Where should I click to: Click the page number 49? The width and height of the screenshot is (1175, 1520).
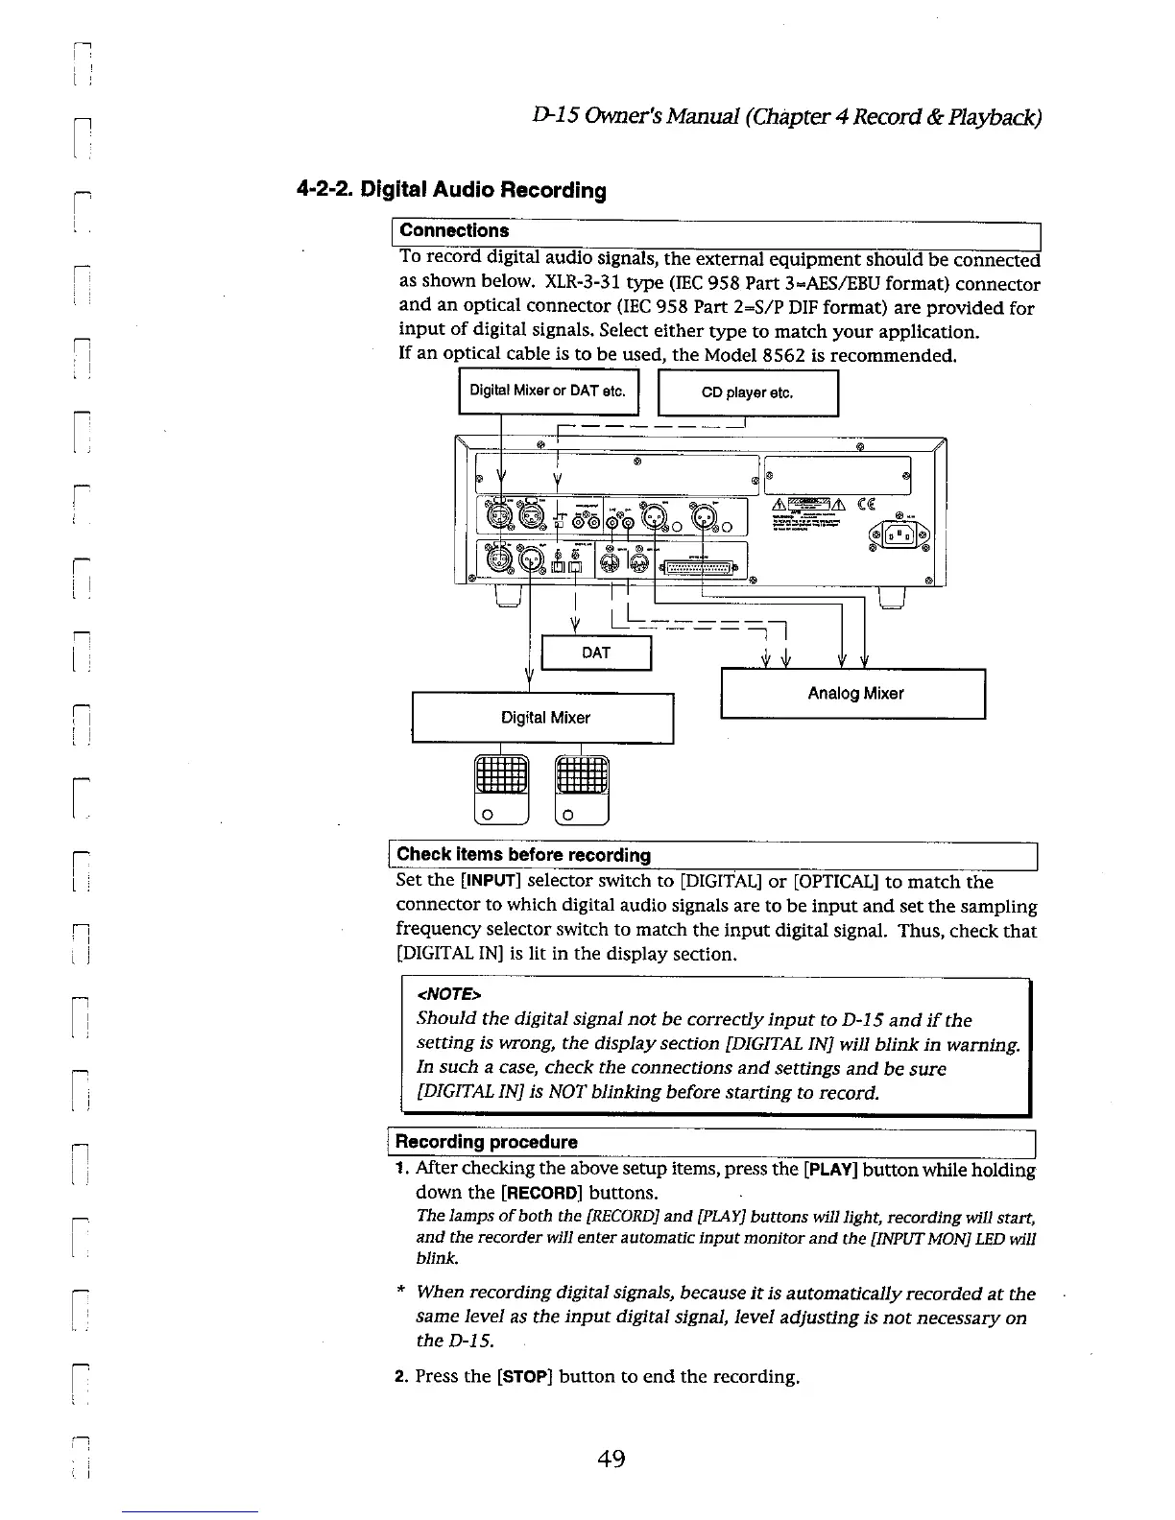coord(611,1460)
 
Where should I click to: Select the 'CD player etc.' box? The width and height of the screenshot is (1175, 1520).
coord(747,392)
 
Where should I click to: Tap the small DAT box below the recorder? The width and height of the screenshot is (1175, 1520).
coord(596,653)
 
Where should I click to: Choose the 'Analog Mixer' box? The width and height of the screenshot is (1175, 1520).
coord(853,693)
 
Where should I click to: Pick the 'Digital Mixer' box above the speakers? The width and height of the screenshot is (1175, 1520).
coord(543,717)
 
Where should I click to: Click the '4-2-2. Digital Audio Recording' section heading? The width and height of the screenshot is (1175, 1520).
coord(451,190)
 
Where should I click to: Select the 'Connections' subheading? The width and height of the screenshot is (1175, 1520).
coord(454,231)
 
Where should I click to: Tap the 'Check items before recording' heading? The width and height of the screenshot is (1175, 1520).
coord(523,855)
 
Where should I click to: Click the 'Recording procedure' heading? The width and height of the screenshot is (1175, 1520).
coord(487,1142)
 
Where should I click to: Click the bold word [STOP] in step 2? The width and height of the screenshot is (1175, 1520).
coord(523,1377)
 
